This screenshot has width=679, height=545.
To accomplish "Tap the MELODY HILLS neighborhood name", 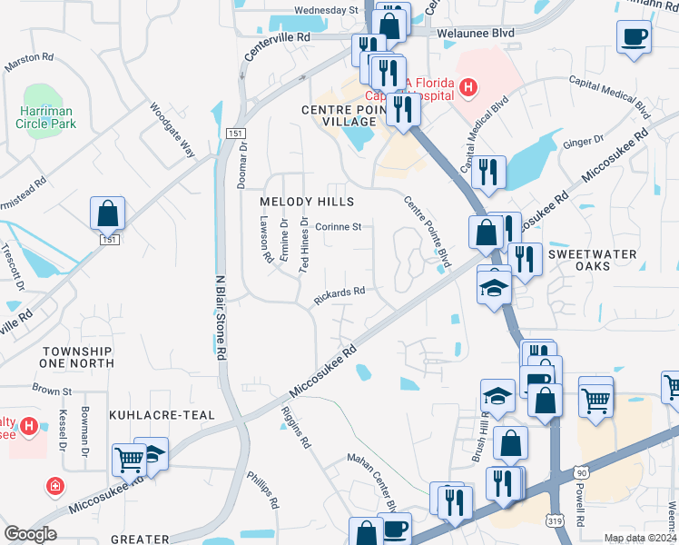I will (306, 202).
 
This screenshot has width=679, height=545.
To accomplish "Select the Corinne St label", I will (339, 227).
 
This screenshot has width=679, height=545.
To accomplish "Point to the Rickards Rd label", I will (339, 294).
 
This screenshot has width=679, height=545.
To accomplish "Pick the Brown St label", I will (52, 391).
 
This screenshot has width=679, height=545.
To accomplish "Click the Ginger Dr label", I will (584, 142).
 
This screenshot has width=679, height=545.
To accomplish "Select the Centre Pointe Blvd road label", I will (428, 232).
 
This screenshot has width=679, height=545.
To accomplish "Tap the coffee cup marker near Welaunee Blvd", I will (634, 37).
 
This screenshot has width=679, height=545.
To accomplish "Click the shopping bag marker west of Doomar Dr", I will (108, 214).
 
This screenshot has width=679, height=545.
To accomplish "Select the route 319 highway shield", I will (556, 520).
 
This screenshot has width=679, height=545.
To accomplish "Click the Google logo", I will (30, 534).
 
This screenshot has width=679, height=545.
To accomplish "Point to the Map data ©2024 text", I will (639, 538).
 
